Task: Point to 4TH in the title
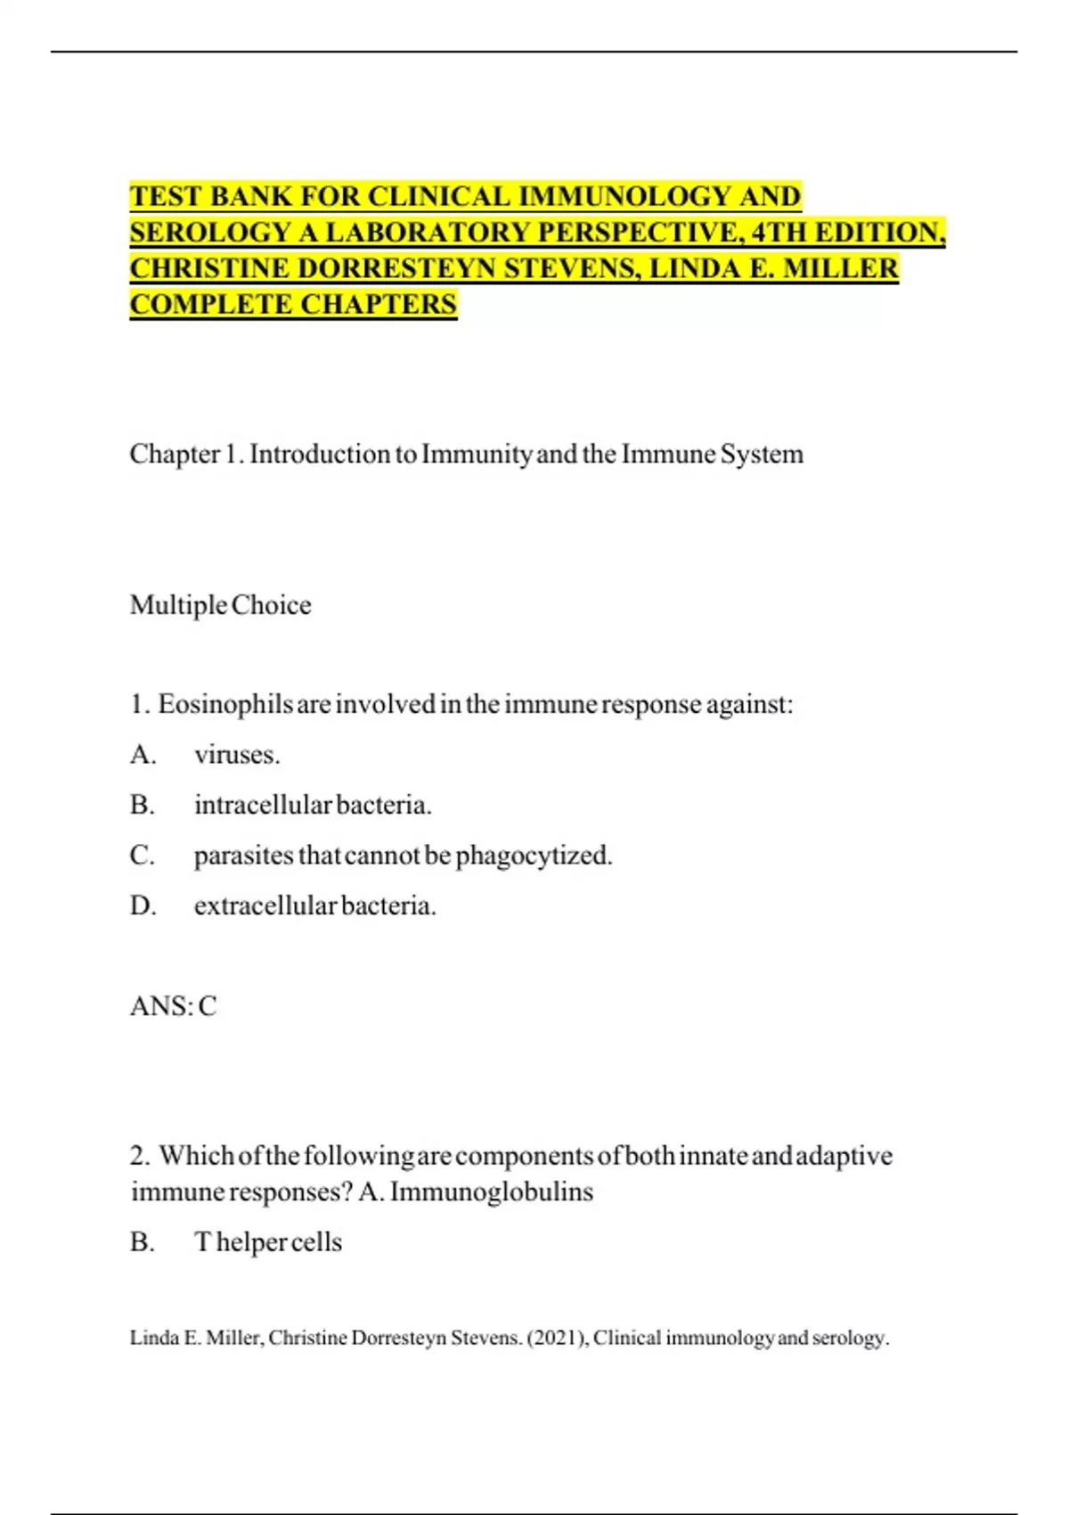(779, 233)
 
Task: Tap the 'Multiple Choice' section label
(220, 605)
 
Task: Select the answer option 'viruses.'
(237, 756)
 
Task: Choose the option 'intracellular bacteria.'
(313, 806)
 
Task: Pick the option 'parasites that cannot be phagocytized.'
(403, 856)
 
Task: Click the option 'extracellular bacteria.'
(314, 906)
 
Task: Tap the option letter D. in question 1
(143, 906)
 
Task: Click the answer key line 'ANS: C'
(173, 1006)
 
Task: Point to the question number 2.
(139, 1156)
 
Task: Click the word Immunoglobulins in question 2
(491, 1192)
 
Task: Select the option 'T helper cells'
(267, 1242)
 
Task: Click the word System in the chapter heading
(762, 454)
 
